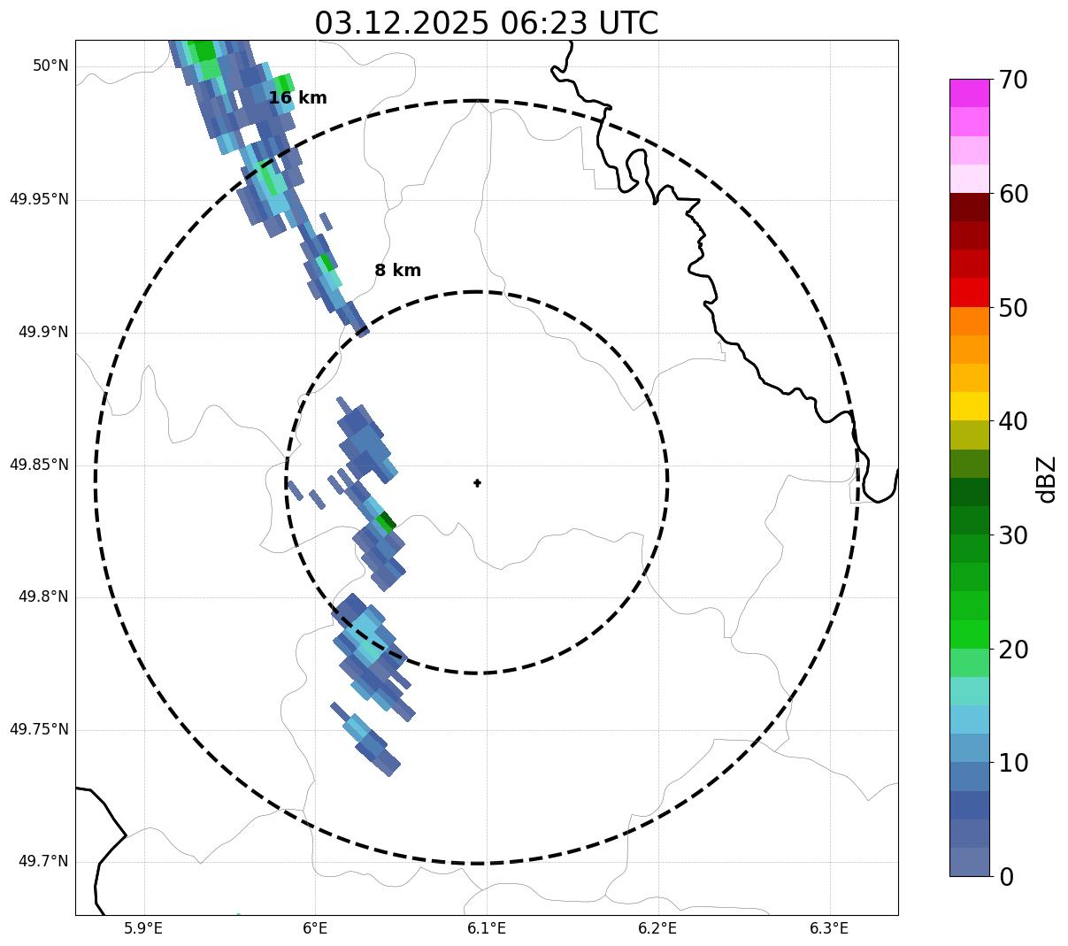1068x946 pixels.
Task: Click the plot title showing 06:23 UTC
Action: click(x=486, y=22)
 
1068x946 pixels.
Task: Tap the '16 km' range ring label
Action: click(x=297, y=98)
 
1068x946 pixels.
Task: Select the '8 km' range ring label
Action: click(x=397, y=271)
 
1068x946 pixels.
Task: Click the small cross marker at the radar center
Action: click(x=478, y=483)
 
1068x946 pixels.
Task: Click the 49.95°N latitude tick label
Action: click(x=39, y=199)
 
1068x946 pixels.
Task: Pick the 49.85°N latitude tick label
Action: click(x=39, y=465)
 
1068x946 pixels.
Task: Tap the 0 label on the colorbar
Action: click(x=1006, y=877)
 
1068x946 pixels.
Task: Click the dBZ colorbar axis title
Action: click(x=1048, y=479)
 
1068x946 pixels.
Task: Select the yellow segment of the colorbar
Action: click(x=969, y=406)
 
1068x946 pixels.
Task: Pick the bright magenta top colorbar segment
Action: click(x=969, y=93)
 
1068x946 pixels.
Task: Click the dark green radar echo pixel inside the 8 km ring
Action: click(x=386, y=521)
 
